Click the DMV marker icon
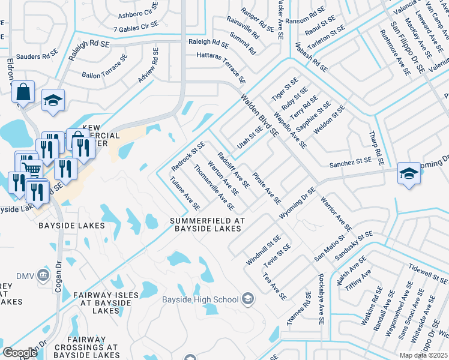pos(43,275)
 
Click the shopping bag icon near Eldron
pos(23,92)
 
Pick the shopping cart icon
pos(30,167)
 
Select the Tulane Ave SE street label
pos(184,194)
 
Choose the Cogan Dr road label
pos(59,275)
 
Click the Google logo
pos(19,353)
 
